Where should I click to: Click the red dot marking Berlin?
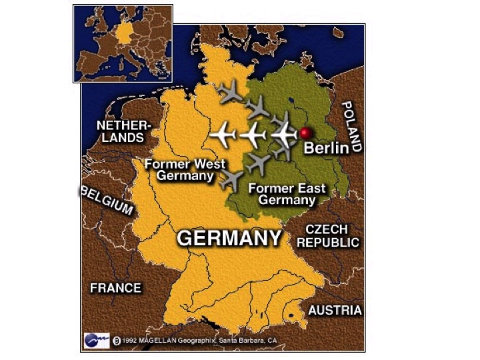306,133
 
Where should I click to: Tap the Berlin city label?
326,147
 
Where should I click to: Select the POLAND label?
352,127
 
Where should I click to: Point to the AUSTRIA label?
335,310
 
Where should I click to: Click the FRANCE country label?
115,288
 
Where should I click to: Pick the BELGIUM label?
107,199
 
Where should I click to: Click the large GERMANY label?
228,239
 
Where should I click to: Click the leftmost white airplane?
222,135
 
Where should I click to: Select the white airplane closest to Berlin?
284,135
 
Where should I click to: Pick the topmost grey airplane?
231,91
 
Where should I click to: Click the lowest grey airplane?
231,179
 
